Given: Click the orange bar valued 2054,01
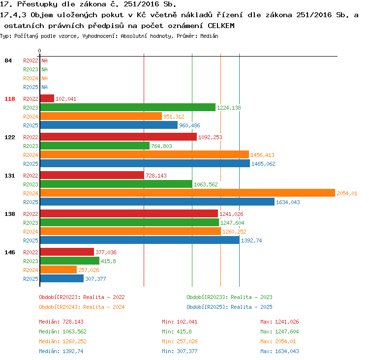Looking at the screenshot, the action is tap(187, 193).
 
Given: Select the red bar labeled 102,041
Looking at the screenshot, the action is tap(47, 98).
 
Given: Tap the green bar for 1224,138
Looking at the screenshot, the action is tap(128, 107).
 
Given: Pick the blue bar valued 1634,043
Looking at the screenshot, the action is tap(157, 202).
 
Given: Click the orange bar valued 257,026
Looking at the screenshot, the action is tap(59, 270).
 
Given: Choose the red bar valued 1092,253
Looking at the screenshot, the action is tap(119, 137).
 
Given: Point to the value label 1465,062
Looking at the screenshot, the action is tap(263, 164).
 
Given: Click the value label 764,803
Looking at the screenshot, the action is tap(161, 146).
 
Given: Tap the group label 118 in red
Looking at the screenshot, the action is tap(10, 99).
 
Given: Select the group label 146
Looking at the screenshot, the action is tap(10, 252).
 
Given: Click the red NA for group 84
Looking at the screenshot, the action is tap(44, 60).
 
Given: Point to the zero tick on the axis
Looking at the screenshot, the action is tap(39, 51).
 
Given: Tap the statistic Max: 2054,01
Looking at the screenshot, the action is tap(278, 341).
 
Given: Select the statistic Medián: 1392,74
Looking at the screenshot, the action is tap(61, 351).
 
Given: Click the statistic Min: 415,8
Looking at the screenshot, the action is tap(177, 331).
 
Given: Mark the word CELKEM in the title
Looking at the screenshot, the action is tap(221, 26).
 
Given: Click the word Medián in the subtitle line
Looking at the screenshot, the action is tap(209, 36).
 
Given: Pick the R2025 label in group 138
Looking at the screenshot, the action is tap(31, 240).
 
